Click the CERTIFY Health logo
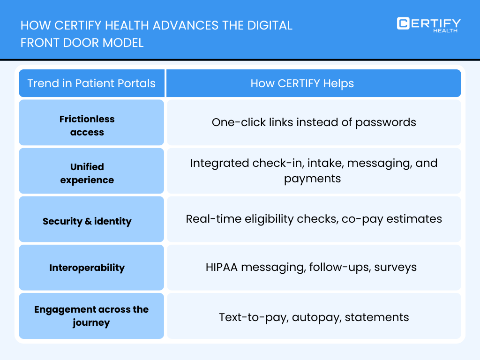click(x=428, y=24)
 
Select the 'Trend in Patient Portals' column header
click(x=91, y=83)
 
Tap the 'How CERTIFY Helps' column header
click(x=302, y=83)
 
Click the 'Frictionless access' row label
click(x=87, y=126)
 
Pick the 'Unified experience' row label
click(x=87, y=173)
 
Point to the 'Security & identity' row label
click(x=87, y=221)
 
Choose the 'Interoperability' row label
click(x=87, y=268)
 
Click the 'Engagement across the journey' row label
click(x=91, y=316)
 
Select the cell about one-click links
click(x=314, y=122)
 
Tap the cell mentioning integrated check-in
click(x=314, y=171)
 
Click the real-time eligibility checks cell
click(x=314, y=219)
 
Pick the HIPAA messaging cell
click(x=311, y=267)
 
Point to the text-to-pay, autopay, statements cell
click(x=314, y=317)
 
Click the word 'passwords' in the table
click(x=386, y=122)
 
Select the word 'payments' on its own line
click(x=312, y=179)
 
